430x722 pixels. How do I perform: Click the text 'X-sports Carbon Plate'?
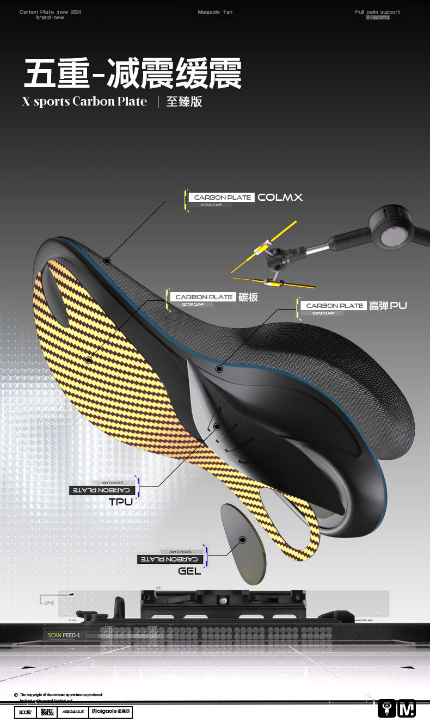(x=84, y=102)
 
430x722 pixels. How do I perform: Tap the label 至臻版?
(x=184, y=102)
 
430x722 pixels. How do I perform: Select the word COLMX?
(x=280, y=197)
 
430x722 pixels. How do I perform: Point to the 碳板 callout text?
(x=248, y=297)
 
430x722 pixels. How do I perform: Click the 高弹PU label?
(x=388, y=306)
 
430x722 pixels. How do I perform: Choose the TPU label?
(x=121, y=502)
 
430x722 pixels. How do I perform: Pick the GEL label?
(x=189, y=571)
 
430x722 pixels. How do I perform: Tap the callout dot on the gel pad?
(x=243, y=539)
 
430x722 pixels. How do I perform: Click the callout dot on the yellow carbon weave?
(x=89, y=360)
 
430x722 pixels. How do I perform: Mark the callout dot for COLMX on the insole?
(x=107, y=261)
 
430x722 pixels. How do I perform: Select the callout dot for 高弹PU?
(x=219, y=369)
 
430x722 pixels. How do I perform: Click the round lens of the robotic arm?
(x=393, y=235)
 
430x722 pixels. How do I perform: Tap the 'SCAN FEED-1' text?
(x=64, y=635)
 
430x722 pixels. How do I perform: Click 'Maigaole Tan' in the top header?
(x=215, y=12)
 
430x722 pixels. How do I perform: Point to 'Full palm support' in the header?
(x=377, y=12)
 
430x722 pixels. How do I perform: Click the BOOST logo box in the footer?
(x=25, y=712)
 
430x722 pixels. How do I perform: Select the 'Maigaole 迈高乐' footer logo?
(x=111, y=712)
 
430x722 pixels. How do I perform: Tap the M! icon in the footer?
(x=407, y=708)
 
